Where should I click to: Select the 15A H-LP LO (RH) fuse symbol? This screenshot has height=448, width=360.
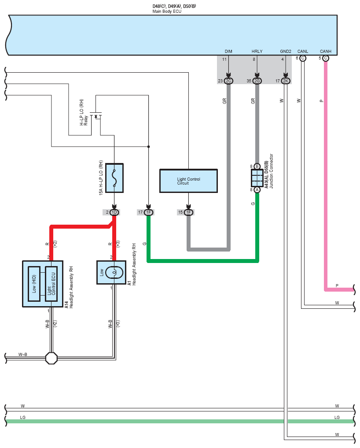click(114, 178)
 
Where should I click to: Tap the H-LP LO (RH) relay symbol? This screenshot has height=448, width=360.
click(96, 115)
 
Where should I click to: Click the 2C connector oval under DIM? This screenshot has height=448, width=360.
click(228, 81)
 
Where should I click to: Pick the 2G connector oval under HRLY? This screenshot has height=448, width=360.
click(257, 81)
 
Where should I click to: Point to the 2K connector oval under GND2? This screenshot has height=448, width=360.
click(286, 81)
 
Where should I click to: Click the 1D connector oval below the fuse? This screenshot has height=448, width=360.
click(114, 212)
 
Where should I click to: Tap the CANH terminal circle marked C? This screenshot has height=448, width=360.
click(326, 58)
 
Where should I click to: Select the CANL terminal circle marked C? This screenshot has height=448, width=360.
click(303, 58)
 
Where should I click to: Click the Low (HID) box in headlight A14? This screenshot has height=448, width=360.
click(34, 284)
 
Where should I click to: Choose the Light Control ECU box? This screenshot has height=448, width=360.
click(51, 284)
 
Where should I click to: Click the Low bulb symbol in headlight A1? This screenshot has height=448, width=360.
click(114, 272)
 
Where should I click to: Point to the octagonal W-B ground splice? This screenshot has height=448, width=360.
click(51, 358)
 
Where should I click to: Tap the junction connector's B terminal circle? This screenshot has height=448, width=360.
click(257, 166)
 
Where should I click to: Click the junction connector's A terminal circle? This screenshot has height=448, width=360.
click(257, 190)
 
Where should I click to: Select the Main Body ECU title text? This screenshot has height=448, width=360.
click(167, 11)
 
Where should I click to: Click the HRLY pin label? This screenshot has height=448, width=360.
click(257, 52)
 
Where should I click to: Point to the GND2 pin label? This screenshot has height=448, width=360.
click(286, 52)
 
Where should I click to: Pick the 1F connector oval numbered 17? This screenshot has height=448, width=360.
click(148, 212)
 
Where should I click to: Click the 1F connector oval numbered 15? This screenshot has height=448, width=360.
click(188, 212)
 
